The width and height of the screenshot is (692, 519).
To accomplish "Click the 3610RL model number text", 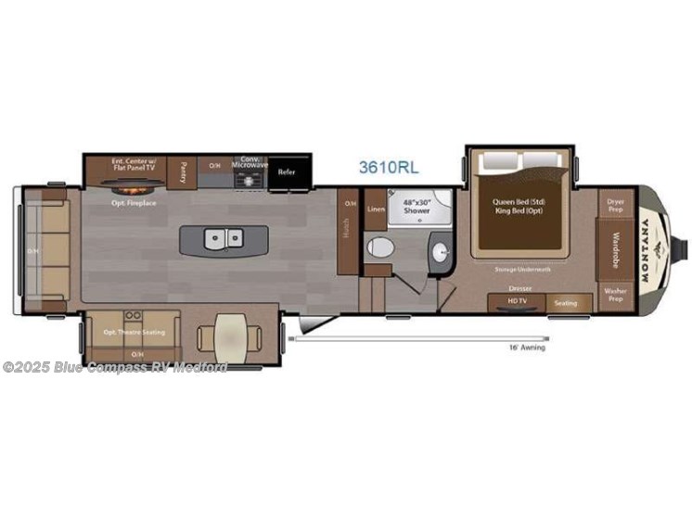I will point(389,168).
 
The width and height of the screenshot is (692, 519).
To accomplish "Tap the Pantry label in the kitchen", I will point(184,171).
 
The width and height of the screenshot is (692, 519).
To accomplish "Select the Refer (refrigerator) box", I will point(287,171).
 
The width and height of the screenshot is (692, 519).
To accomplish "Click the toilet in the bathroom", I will point(380,248).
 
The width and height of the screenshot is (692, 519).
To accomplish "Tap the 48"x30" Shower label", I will point(416,206).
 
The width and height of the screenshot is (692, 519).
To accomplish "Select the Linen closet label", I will point(375,209).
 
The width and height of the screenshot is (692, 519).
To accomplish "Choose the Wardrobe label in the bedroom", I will point(615,248).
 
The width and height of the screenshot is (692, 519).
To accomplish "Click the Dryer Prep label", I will point(616,205).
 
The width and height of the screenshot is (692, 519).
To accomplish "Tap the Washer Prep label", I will point(615,296).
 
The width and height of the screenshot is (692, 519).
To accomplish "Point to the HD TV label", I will point(516,302).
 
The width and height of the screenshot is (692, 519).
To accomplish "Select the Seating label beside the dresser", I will point(565,303).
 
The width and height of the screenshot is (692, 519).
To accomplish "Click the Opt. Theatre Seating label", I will point(135,332).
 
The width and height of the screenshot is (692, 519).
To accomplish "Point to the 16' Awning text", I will point(527,348).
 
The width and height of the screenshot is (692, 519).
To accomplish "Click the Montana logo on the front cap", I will point(645,246).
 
